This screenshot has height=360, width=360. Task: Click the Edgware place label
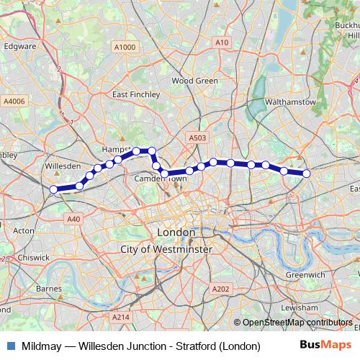tap(19, 46)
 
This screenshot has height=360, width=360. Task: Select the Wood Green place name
tap(194, 81)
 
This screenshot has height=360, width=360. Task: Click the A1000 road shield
tap(124, 47)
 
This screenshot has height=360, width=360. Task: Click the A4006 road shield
tap(14, 102)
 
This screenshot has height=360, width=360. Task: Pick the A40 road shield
tap(73, 219)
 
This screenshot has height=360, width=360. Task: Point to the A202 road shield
tap(220, 289)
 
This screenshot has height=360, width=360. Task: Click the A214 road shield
tap(120, 317)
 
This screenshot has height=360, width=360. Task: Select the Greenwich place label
tap(305, 275)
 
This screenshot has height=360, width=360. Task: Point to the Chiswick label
tap(33, 257)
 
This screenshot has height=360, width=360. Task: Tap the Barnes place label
tap(48, 289)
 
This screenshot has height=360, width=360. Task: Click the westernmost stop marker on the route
tap(54, 190)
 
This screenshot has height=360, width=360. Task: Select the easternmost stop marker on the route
tap(307, 174)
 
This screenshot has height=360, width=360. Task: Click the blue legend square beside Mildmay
tap(9, 346)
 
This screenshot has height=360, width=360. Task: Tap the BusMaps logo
tap(325, 346)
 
